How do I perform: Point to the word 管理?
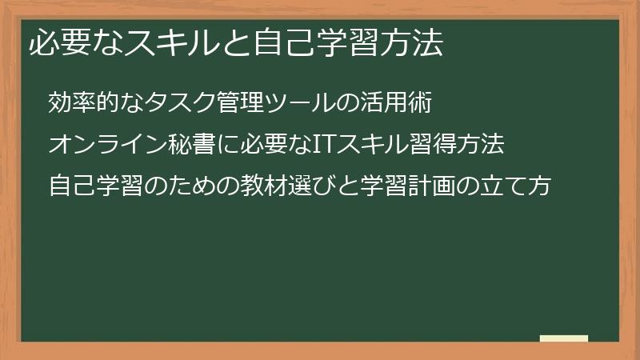(x=222, y=104)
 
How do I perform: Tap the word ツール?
(x=277, y=104)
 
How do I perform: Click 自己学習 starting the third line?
(x=96, y=186)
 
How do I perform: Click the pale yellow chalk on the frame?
(x=564, y=338)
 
